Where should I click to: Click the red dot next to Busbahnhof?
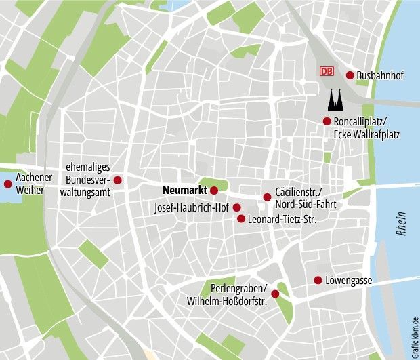pyautogui.click(x=350, y=75)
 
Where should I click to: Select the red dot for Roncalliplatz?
pyautogui.click(x=327, y=121)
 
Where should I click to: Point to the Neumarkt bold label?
pyautogui.click(x=185, y=191)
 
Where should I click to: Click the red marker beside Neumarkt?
pyautogui.click(x=214, y=191)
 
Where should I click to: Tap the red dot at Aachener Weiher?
pyautogui.click(x=8, y=184)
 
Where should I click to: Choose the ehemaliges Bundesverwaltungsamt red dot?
pyautogui.click(x=117, y=180)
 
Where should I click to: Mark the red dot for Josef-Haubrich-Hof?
pyautogui.click(x=236, y=207)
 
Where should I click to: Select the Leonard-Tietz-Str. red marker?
pyautogui.click(x=241, y=218)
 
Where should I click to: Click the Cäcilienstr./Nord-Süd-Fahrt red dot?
pyautogui.click(x=267, y=197)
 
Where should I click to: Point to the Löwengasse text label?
pyautogui.click(x=349, y=280)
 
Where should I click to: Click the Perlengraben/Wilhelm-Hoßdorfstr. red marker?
pyautogui.click(x=275, y=294)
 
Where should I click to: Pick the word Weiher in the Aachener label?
pyautogui.click(x=30, y=190)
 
